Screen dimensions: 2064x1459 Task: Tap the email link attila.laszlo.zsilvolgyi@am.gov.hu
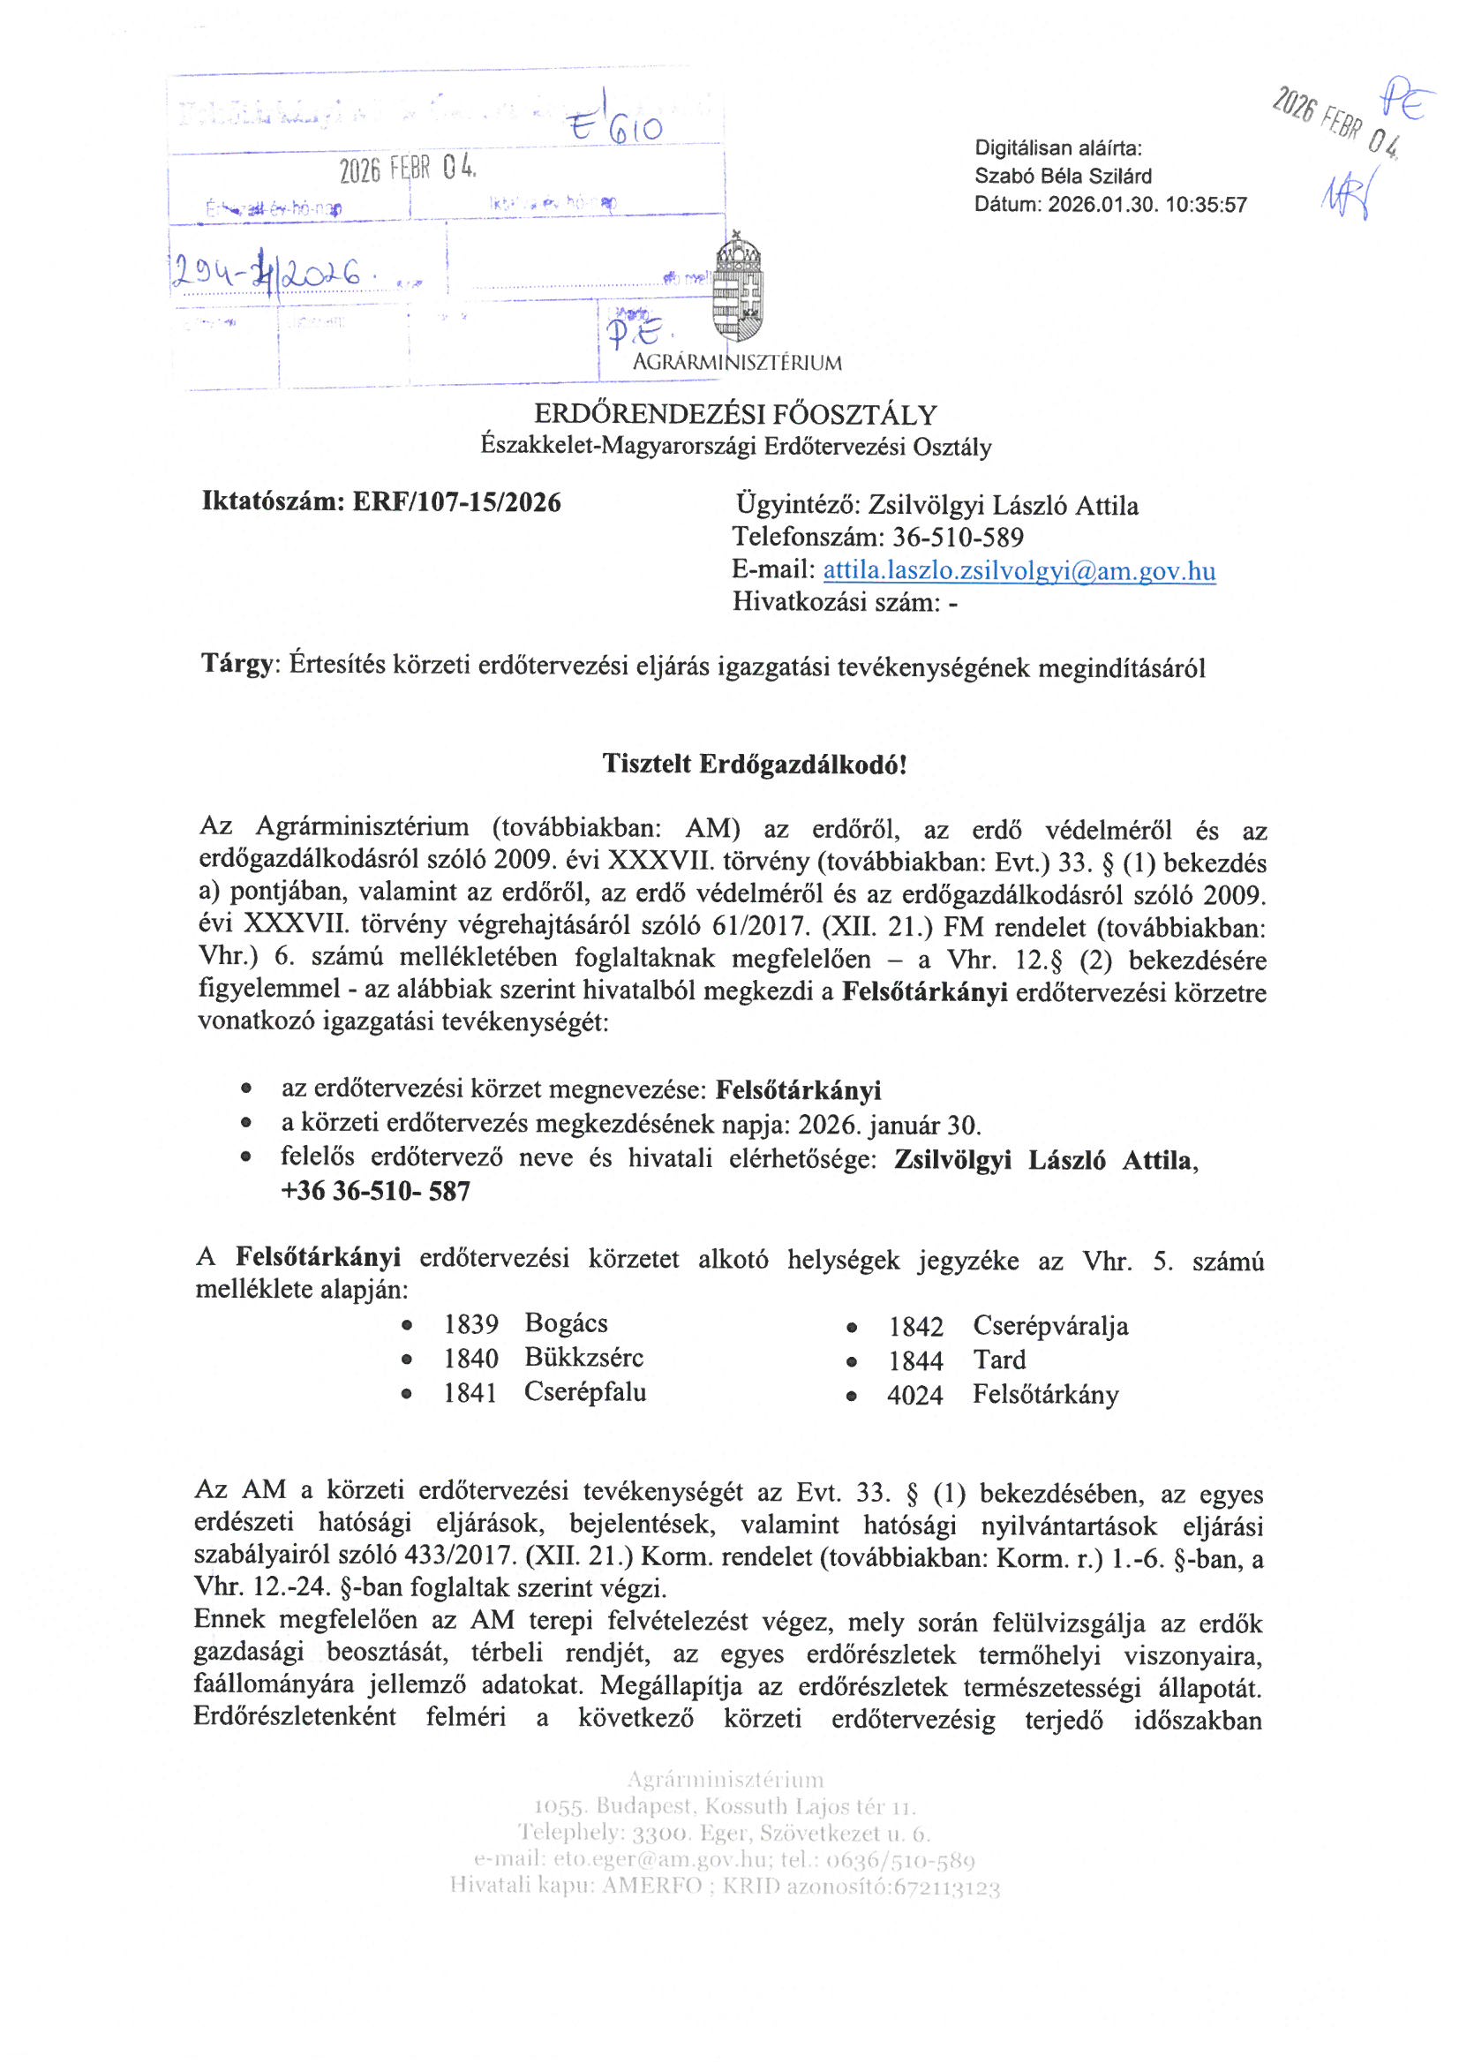coord(1019,571)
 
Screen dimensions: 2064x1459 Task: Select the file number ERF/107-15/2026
coord(456,502)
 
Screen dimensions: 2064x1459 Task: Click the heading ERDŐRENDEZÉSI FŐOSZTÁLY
coord(735,414)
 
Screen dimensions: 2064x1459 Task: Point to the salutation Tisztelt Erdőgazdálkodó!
coord(755,765)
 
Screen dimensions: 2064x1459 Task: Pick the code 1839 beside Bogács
coord(471,1324)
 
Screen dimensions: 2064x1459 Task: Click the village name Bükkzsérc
coord(584,1358)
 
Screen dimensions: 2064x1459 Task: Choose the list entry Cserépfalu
coord(585,1392)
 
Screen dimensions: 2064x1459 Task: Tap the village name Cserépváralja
coord(1050,1326)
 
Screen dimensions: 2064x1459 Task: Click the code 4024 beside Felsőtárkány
coord(915,1396)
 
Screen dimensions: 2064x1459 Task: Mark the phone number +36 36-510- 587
coord(376,1192)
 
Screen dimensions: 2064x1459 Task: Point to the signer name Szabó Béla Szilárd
coord(1063,177)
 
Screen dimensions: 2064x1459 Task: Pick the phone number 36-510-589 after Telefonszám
coord(958,538)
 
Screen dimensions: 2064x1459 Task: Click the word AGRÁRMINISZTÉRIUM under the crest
coord(737,363)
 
